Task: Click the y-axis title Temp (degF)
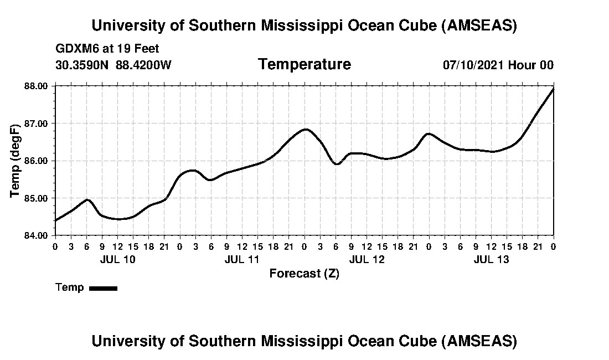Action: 16,161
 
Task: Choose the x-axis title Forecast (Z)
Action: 304,273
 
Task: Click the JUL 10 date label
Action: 117,259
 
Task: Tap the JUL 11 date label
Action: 242,259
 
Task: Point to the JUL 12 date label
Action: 367,259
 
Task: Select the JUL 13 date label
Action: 491,259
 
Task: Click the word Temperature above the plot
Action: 304,64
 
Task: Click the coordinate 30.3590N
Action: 82,65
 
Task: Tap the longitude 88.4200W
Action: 143,65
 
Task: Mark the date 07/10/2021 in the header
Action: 473,65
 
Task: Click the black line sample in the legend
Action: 103,288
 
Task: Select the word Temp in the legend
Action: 70,287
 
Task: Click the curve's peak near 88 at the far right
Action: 553,89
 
